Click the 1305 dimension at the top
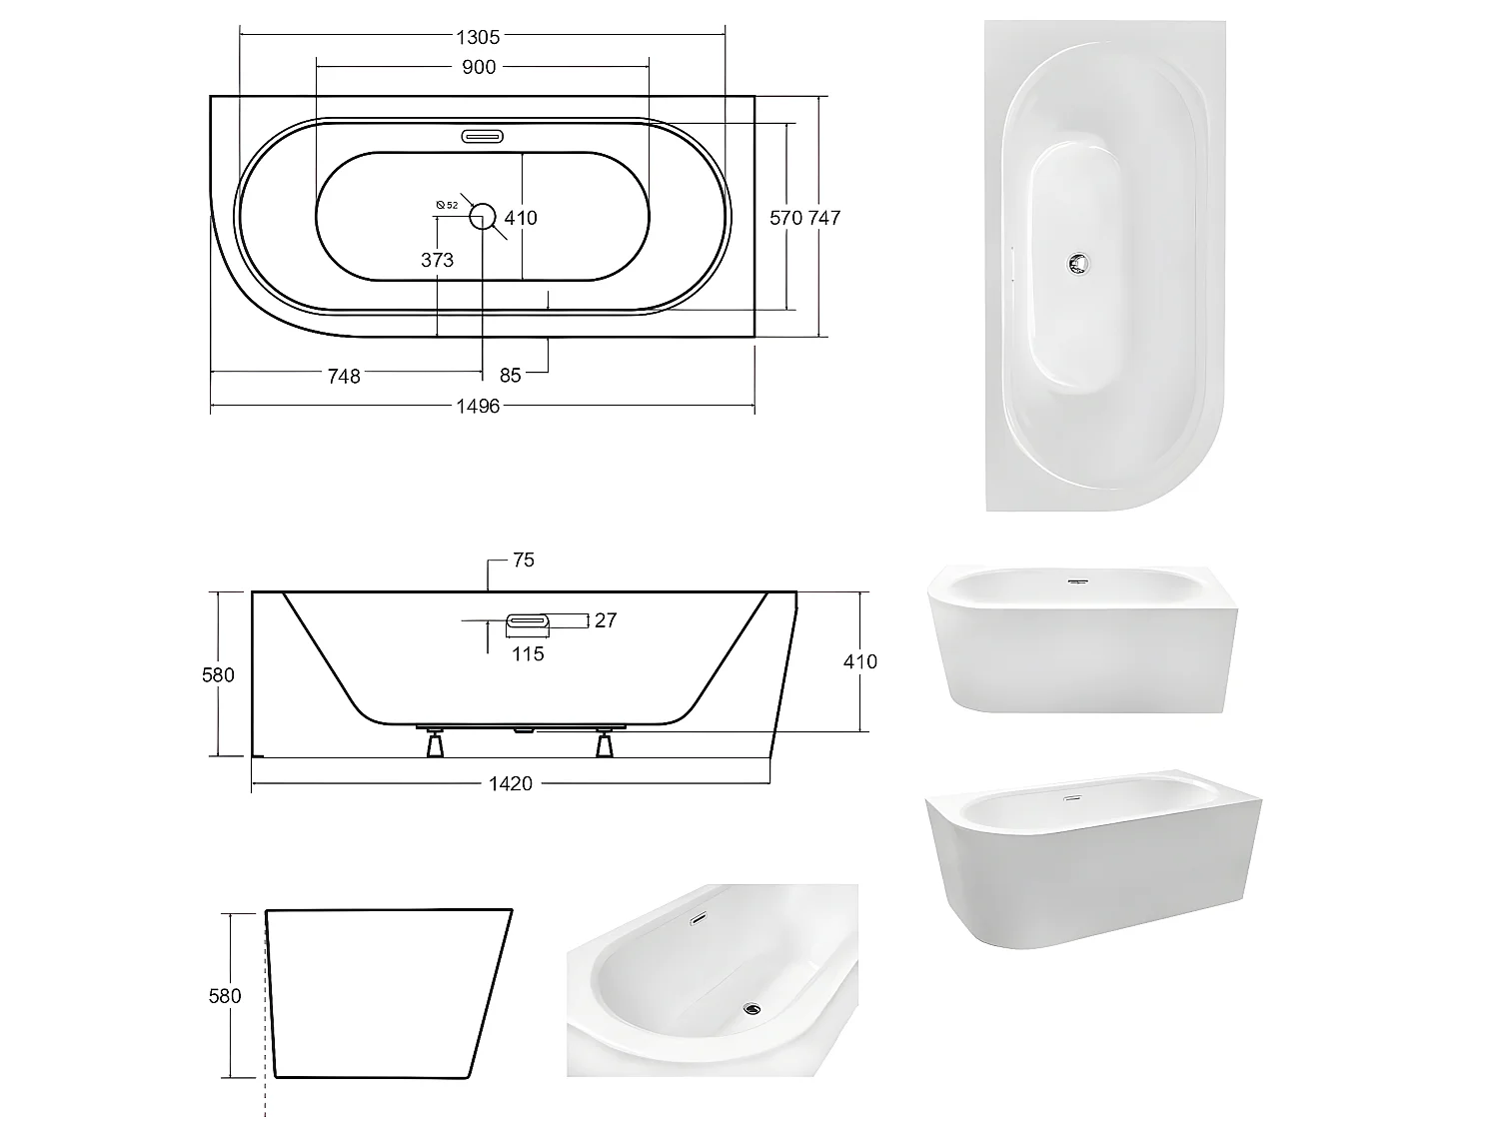[x=478, y=37]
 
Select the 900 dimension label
[x=479, y=67]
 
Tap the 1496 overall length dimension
[x=478, y=406]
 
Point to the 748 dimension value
[x=344, y=376]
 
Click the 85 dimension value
[x=510, y=376]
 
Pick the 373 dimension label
[x=437, y=260]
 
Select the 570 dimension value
[x=786, y=217]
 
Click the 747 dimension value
[x=824, y=217]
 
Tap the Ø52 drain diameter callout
[x=447, y=205]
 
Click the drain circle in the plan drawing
[x=483, y=215]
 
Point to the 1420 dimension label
[x=510, y=783]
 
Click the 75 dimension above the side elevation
[x=524, y=561]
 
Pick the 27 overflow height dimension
[x=605, y=620]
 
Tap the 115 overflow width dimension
[x=528, y=653]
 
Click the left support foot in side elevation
[x=435, y=743]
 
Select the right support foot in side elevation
[x=604, y=743]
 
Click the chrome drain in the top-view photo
[x=1077, y=264]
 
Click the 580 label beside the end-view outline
[x=225, y=995]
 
